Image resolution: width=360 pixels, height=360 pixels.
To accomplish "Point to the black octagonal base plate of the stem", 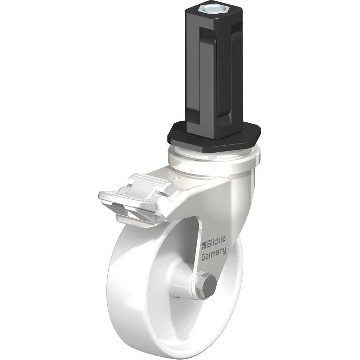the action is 214,138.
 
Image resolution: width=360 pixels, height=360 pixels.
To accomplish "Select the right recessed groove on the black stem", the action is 237,69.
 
